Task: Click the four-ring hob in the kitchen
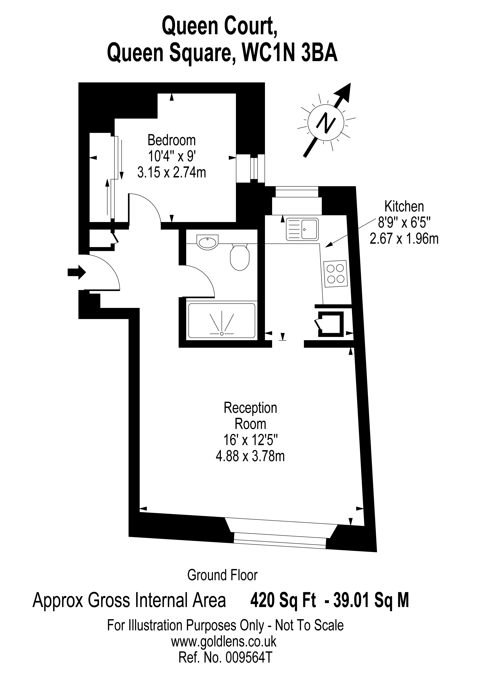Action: click(336, 274)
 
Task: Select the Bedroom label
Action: click(172, 140)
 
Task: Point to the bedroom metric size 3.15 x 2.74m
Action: click(172, 172)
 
